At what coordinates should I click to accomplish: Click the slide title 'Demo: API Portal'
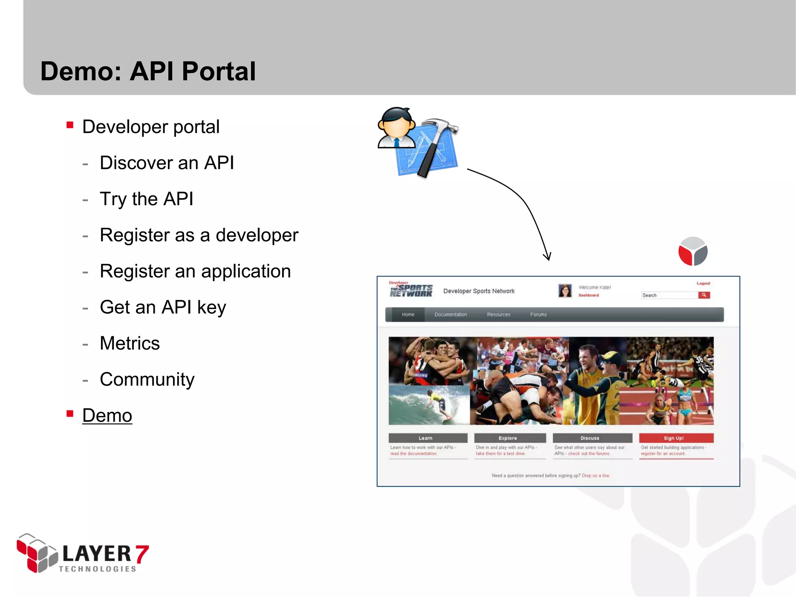coord(148,71)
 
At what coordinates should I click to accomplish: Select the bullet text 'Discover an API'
coord(167,162)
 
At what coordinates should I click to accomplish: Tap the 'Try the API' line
coord(146,199)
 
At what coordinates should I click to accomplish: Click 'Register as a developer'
coord(199,235)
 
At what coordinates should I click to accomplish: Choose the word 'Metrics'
coord(129,343)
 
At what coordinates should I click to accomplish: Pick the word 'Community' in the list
coord(147,379)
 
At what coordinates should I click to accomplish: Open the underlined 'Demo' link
coord(107,415)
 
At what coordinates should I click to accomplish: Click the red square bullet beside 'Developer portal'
coord(70,125)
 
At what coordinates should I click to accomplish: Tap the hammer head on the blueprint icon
coord(441,126)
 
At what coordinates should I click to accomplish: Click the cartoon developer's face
coord(396,127)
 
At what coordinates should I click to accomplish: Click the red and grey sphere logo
coord(693,251)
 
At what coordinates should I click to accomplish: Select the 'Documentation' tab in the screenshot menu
coord(450,314)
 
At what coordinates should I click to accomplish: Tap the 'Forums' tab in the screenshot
coord(538,314)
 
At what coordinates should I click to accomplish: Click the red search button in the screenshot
coord(704,295)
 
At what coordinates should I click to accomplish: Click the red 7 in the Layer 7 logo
coord(142,554)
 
